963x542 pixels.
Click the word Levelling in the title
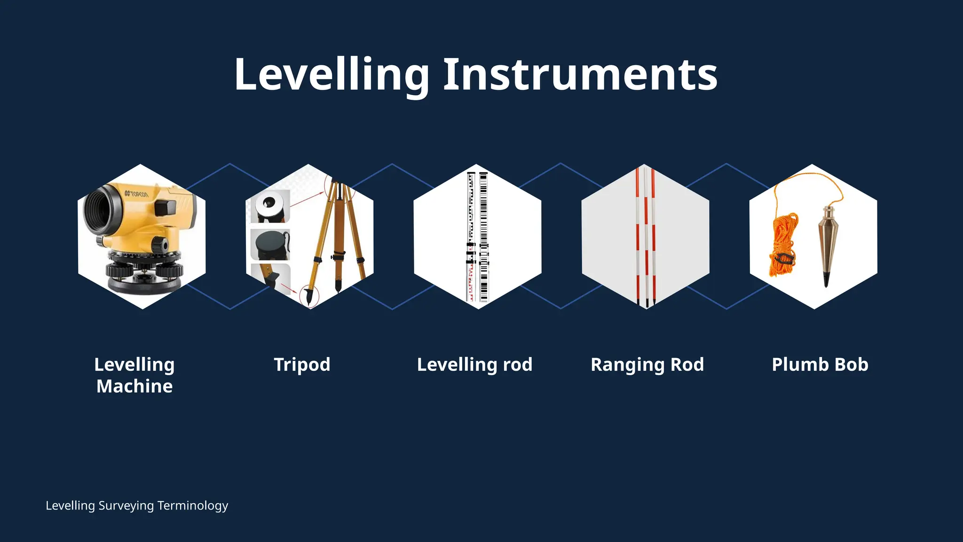point(332,75)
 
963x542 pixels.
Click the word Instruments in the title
point(580,75)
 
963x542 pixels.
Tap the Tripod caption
point(302,365)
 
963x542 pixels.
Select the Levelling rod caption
point(474,365)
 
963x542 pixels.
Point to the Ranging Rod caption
point(647,365)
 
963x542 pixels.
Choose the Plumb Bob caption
point(820,365)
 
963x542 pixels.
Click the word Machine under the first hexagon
point(134,386)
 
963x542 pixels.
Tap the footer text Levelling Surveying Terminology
point(137,506)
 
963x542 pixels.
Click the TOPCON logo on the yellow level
point(136,194)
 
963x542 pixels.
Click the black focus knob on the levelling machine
point(160,245)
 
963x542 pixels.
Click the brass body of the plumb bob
point(827,240)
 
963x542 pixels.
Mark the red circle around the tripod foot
point(309,296)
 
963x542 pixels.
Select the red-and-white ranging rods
point(646,235)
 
